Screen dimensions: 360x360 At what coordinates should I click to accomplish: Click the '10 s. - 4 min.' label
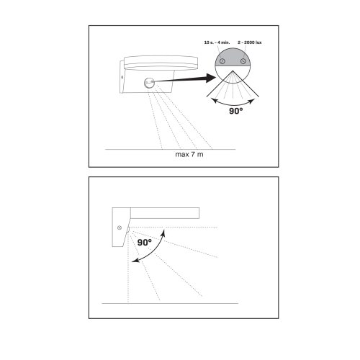click(x=217, y=42)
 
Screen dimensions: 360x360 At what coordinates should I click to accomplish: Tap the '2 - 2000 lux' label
click(x=250, y=42)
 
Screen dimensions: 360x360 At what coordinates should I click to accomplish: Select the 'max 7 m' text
click(x=189, y=154)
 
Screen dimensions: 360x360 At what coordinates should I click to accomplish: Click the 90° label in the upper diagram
click(x=236, y=111)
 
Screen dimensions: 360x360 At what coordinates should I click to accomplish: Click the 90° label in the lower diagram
click(x=145, y=243)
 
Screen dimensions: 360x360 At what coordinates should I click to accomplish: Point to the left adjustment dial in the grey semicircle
click(x=222, y=61)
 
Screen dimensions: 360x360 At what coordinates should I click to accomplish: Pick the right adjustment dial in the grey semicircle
click(x=243, y=61)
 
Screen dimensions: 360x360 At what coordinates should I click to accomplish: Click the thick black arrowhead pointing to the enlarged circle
click(x=211, y=78)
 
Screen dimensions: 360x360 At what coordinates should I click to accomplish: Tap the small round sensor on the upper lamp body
click(x=149, y=83)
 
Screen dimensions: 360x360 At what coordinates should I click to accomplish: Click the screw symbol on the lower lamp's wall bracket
click(x=120, y=228)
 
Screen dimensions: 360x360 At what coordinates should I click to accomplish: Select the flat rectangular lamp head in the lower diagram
click(x=165, y=213)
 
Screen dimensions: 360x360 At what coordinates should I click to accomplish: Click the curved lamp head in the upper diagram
click(x=161, y=63)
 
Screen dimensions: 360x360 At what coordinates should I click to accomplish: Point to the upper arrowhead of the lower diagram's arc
click(x=163, y=233)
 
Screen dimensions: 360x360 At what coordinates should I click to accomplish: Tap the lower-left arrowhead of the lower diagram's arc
click(x=135, y=260)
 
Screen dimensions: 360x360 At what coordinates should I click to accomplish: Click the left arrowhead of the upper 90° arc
click(x=214, y=101)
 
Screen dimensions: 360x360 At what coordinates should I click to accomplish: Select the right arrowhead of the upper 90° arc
click(x=252, y=101)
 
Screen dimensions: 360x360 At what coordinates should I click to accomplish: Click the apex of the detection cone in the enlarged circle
click(x=233, y=71)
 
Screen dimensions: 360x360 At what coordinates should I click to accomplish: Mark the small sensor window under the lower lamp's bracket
click(x=129, y=230)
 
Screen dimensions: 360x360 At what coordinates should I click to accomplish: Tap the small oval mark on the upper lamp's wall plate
click(x=122, y=77)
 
